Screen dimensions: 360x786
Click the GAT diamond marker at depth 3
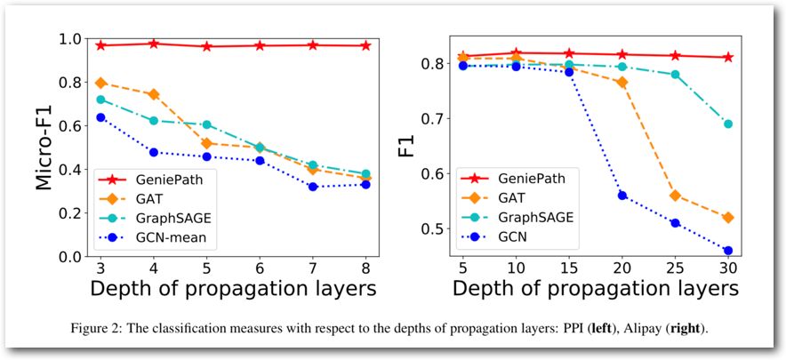point(100,83)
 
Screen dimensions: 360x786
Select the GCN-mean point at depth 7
point(313,187)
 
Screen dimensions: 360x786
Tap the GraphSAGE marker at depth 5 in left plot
point(206,125)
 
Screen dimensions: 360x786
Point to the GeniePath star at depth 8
point(365,45)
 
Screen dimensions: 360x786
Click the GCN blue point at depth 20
point(622,196)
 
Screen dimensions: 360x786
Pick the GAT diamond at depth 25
point(675,196)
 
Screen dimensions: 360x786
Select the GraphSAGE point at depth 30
point(728,124)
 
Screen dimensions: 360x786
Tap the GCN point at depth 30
point(728,251)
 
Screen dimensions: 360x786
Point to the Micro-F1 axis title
point(45,148)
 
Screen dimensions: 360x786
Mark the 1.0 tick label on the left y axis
point(71,40)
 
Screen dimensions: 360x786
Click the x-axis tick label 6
point(260,269)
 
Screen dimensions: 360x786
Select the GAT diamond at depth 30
point(728,218)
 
